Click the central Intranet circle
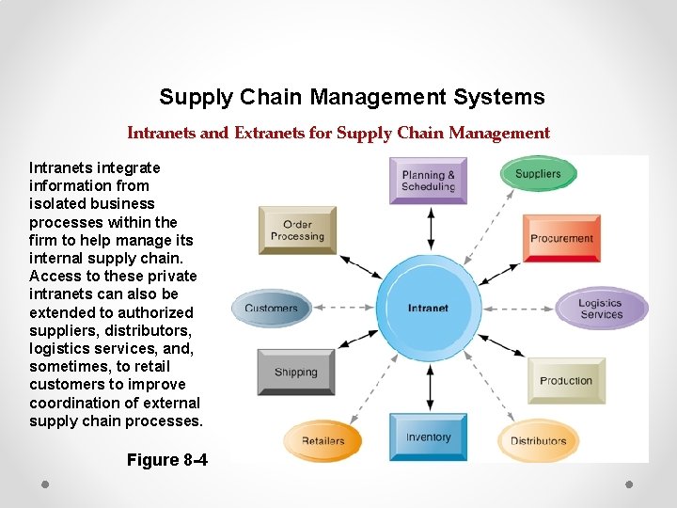click(429, 308)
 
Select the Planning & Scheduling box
click(428, 180)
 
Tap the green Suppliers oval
click(538, 174)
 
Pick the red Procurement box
click(561, 237)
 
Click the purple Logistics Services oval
click(601, 309)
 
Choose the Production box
click(565, 380)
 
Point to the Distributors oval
click(538, 440)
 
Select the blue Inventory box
click(428, 437)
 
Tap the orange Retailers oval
click(323, 440)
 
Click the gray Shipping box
click(295, 372)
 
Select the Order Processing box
click(296, 230)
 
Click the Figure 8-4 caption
click(166, 460)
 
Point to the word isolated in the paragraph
click(60, 203)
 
